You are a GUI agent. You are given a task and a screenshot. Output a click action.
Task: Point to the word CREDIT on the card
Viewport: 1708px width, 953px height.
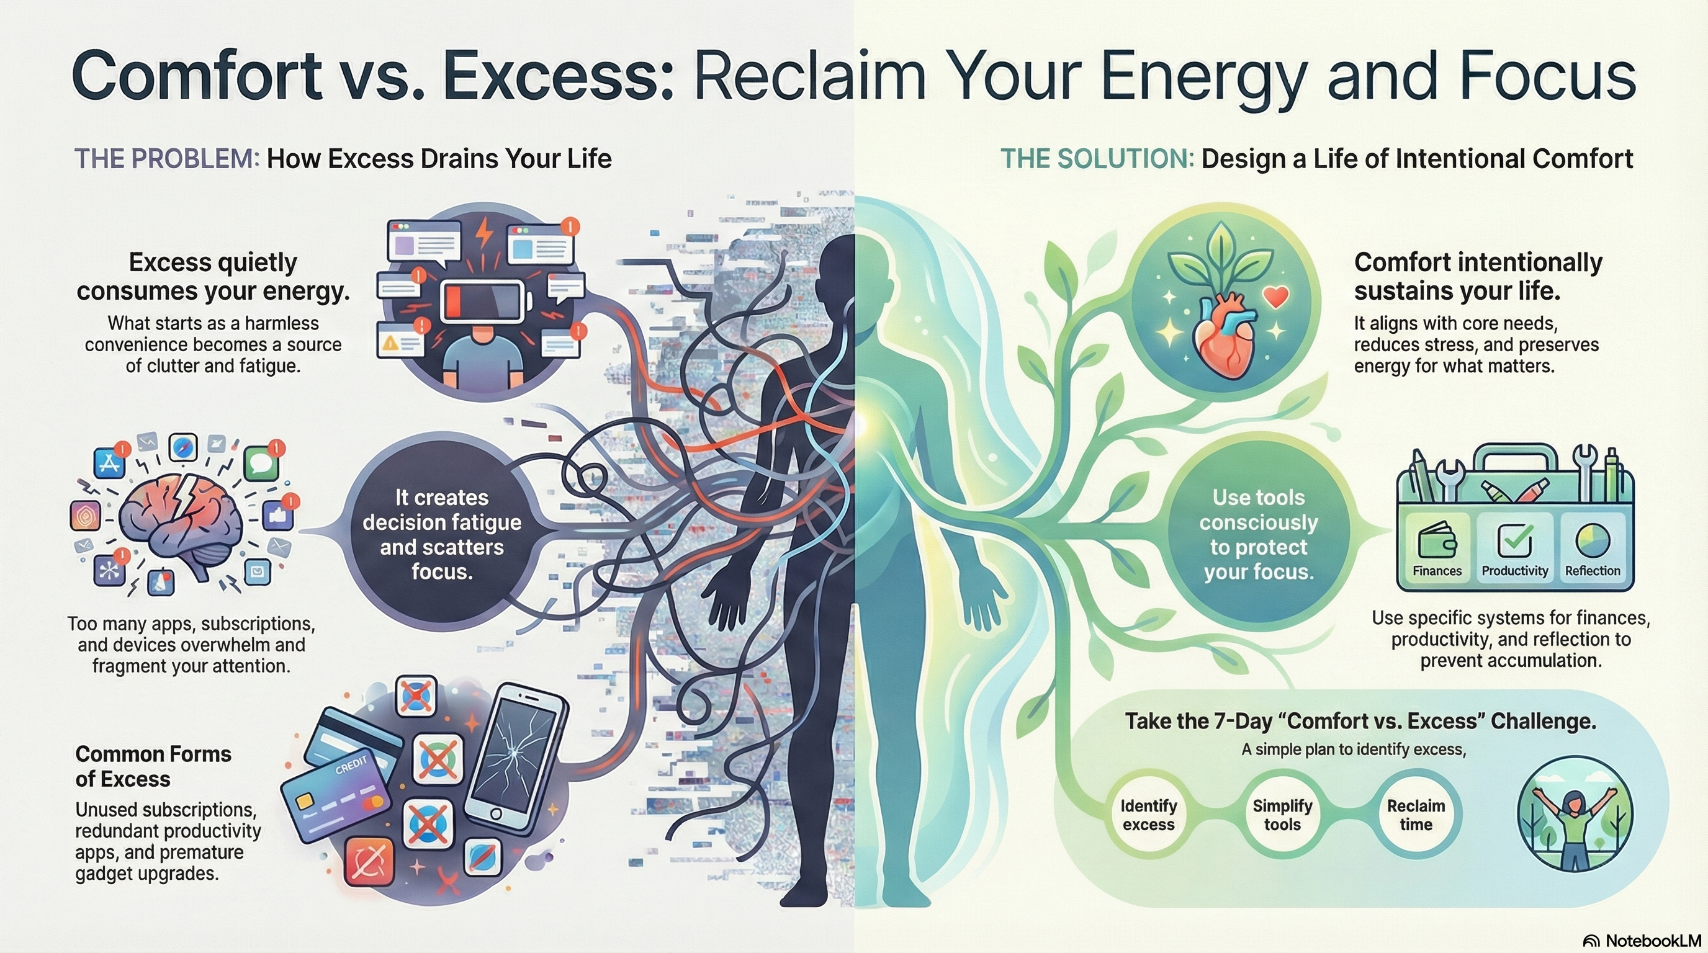[x=351, y=766]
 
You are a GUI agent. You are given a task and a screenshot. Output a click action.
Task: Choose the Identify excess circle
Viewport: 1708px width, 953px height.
[x=1148, y=815]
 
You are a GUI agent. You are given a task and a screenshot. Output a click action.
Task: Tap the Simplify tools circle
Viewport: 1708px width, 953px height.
[x=1282, y=815]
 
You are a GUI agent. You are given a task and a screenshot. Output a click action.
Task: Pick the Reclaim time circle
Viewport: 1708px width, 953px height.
[x=1416, y=815]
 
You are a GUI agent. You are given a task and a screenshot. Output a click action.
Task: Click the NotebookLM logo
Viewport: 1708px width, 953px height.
[x=1642, y=941]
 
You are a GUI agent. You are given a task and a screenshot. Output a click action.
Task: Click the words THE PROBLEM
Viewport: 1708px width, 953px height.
[x=166, y=159]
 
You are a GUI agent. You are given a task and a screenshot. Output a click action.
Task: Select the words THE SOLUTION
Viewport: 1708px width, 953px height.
[x=1097, y=159]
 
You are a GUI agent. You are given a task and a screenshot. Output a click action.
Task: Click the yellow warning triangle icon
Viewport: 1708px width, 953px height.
[x=390, y=342]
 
